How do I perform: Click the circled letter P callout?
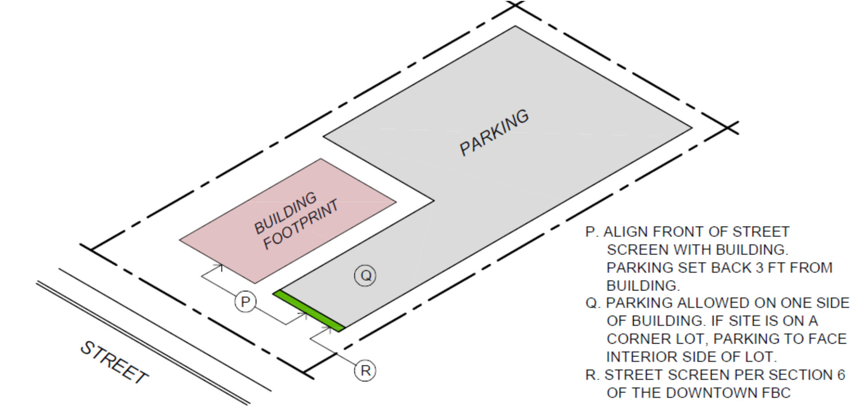click(245, 302)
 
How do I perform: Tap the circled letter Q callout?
click(366, 276)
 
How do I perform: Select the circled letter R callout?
click(365, 371)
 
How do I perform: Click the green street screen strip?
click(309, 311)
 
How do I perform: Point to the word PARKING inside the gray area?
click(494, 133)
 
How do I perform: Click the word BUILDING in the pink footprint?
click(285, 213)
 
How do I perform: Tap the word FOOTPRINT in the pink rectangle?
click(301, 224)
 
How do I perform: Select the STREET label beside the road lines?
click(114, 363)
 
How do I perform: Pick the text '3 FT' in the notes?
click(771, 268)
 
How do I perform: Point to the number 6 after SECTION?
click(841, 375)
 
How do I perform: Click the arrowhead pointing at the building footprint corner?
click(220, 267)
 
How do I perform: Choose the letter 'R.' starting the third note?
click(592, 375)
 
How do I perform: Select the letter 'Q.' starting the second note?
click(593, 304)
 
